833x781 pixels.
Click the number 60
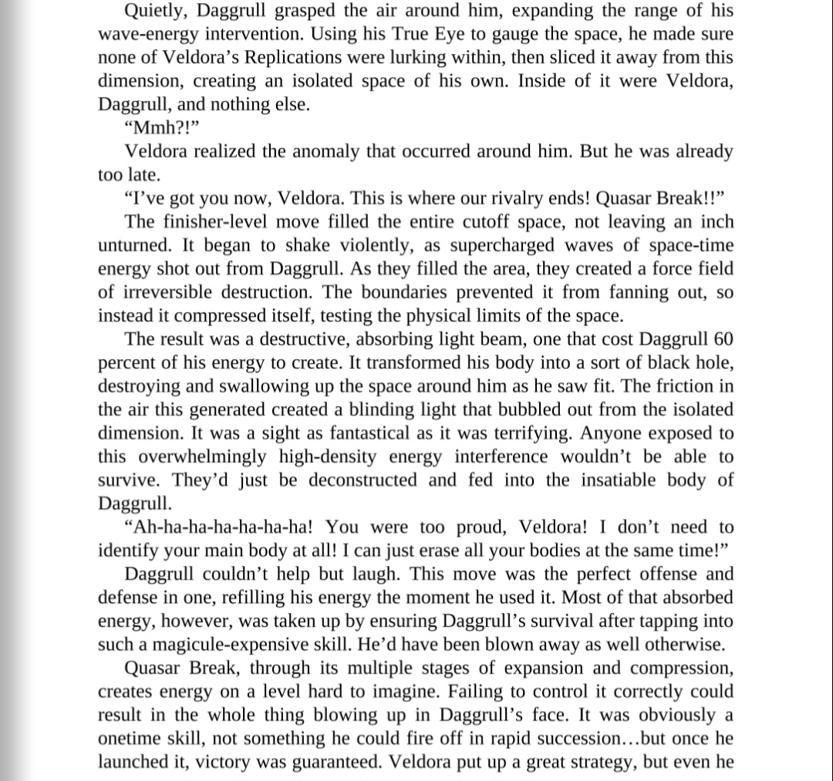722,338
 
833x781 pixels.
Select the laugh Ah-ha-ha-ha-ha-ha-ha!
219,527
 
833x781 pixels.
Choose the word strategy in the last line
602,762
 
